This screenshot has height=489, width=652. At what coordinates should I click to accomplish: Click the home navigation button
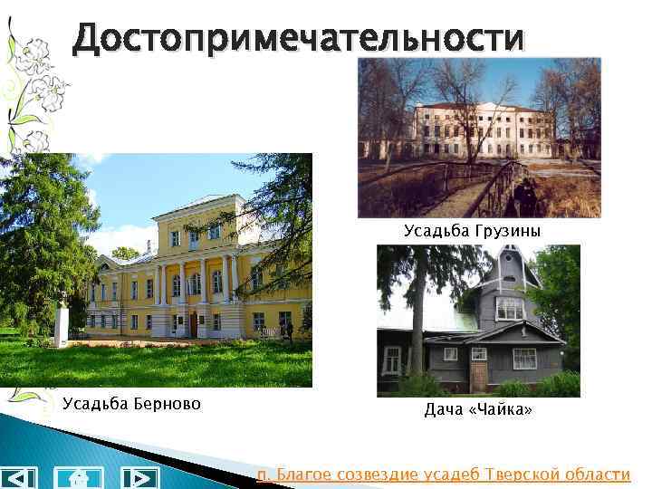(x=79, y=477)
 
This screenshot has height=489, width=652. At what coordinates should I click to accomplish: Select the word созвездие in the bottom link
(x=375, y=475)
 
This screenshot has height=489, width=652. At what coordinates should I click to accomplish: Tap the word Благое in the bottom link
(x=303, y=475)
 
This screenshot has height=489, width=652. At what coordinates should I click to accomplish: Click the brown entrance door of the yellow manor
(x=193, y=324)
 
